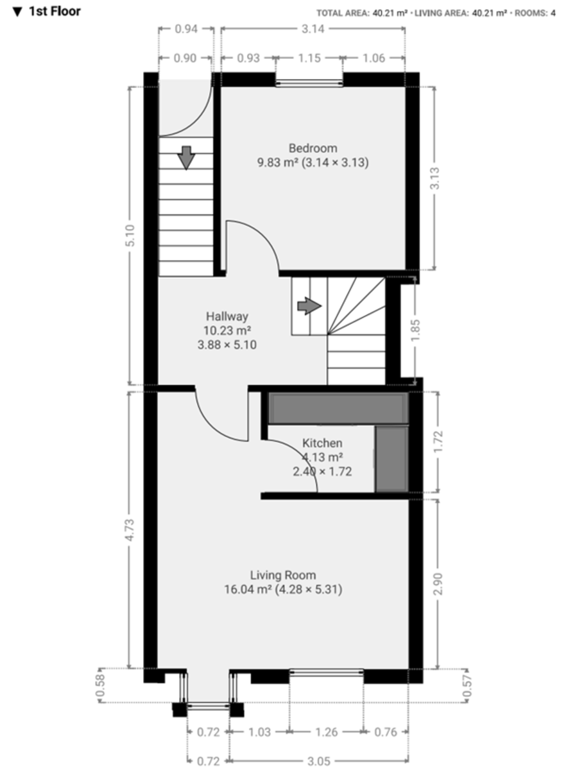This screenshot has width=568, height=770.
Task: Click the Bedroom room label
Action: [x=313, y=148]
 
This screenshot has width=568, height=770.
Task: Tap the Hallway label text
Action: [x=227, y=316]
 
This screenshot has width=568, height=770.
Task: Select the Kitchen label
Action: [x=322, y=443]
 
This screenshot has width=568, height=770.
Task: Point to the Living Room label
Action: [x=283, y=575]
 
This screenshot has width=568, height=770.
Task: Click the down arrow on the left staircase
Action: [x=186, y=157]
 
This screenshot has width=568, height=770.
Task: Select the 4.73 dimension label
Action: [x=131, y=530]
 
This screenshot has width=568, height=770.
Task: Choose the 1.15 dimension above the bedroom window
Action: [x=309, y=58]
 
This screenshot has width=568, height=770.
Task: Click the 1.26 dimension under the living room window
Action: [x=326, y=732]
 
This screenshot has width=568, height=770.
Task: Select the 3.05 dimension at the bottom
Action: [x=318, y=761]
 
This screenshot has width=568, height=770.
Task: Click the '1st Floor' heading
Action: [x=47, y=12]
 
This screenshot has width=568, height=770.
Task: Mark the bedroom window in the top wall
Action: [x=309, y=81]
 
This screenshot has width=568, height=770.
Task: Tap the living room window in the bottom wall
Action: [x=326, y=672]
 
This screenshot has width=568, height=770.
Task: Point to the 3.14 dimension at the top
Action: [x=313, y=28]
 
